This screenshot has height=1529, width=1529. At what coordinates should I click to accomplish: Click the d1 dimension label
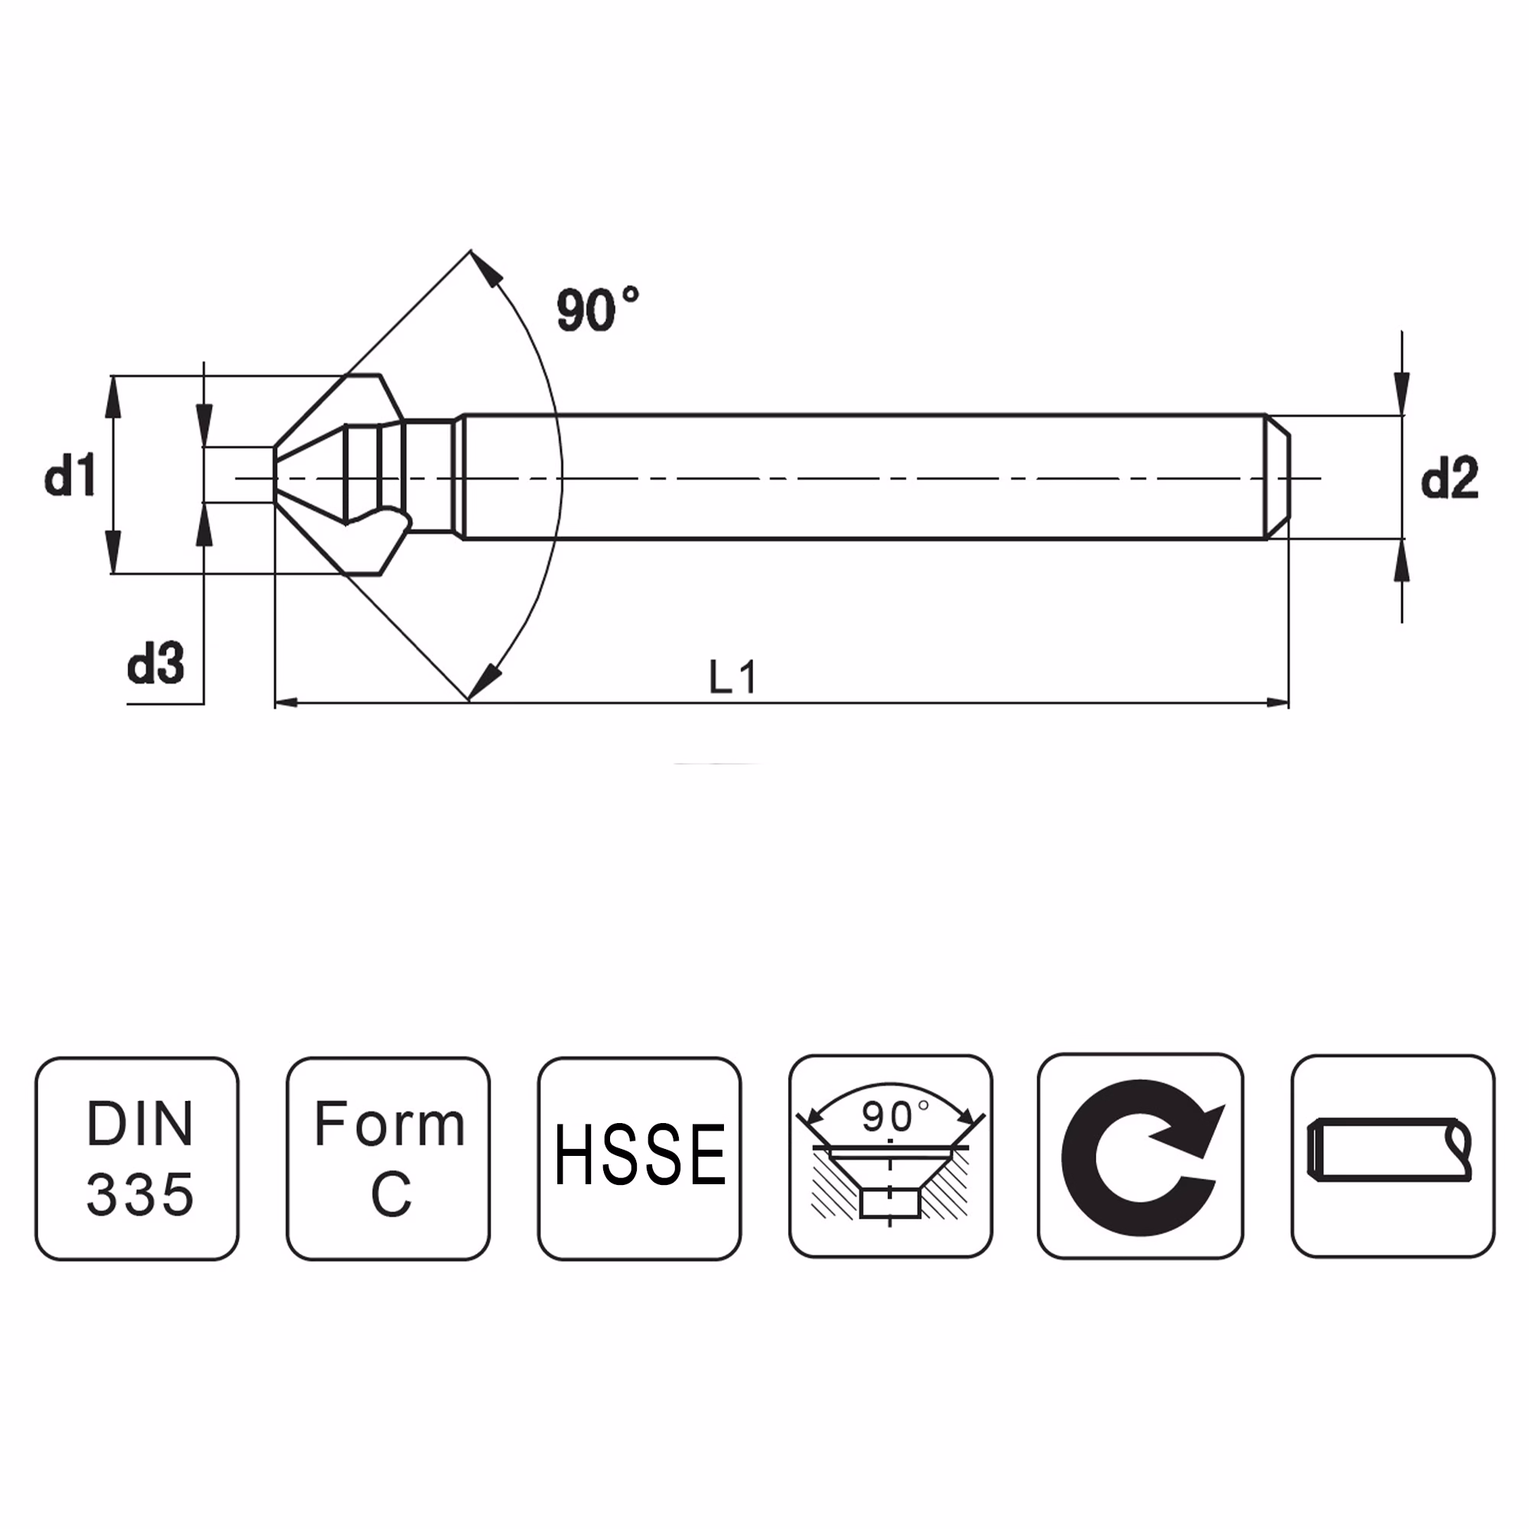point(70,475)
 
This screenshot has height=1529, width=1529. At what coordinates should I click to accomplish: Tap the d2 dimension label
point(1449,478)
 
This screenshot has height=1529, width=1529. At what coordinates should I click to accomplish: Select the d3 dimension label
point(156,662)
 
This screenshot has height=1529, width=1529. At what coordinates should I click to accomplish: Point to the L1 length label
point(733,677)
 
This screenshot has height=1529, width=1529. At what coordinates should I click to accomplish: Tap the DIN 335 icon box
point(137,1159)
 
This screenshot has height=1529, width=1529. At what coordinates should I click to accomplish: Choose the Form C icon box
point(388,1159)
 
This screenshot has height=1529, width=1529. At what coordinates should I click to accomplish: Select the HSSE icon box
point(639,1159)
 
